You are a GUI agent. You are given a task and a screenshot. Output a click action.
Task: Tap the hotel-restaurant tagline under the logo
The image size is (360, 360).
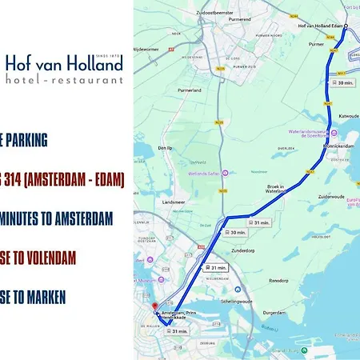(65, 80)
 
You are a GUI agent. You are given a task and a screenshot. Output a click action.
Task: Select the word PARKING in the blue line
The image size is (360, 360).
(26, 141)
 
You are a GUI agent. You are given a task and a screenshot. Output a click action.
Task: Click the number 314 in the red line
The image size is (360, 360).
(15, 180)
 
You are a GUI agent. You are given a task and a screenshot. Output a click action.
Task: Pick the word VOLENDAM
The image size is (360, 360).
(45, 258)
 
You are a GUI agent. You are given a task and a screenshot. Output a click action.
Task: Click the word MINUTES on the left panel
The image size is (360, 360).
(29, 218)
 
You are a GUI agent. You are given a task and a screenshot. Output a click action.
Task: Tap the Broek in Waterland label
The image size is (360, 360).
(276, 189)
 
